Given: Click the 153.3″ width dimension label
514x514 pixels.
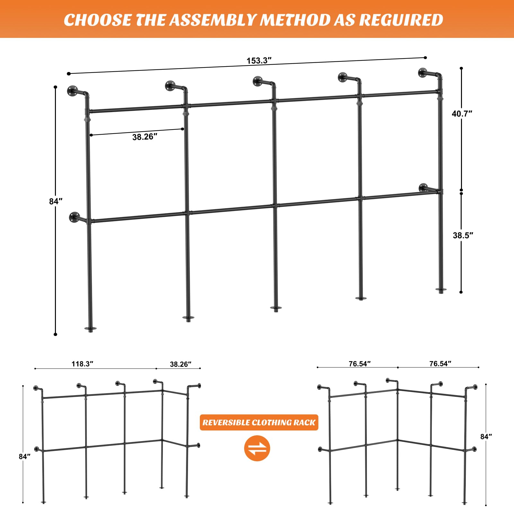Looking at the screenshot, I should coord(259,61).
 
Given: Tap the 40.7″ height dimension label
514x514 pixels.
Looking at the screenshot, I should coord(462,114).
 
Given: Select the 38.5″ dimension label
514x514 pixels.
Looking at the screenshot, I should coord(463,235).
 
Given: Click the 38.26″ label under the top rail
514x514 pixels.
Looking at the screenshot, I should coord(145,137).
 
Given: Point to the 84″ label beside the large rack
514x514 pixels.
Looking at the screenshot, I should coord(56,201).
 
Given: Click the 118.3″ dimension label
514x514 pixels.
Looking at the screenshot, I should coord(82,364).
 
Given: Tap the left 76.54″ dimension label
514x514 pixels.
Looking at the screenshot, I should coord(359,364).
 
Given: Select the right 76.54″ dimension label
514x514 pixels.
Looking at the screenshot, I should coord(440,364).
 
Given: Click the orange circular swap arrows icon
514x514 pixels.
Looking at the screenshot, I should coord(257,448).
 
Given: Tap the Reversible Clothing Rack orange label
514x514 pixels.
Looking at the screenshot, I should coord(259,422).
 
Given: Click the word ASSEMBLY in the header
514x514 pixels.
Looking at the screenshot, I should coord(214,20).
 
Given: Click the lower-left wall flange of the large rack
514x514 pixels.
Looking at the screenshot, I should coord(74,217).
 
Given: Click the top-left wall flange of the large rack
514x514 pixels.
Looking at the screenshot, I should coord(72,91).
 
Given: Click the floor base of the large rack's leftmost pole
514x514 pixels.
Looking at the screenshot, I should coord(90,329).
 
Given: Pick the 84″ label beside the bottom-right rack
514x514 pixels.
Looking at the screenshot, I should coord(486,437).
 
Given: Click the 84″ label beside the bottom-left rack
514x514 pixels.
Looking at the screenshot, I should coord(24,456).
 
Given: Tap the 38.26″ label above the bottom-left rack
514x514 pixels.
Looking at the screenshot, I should coord(181,364).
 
